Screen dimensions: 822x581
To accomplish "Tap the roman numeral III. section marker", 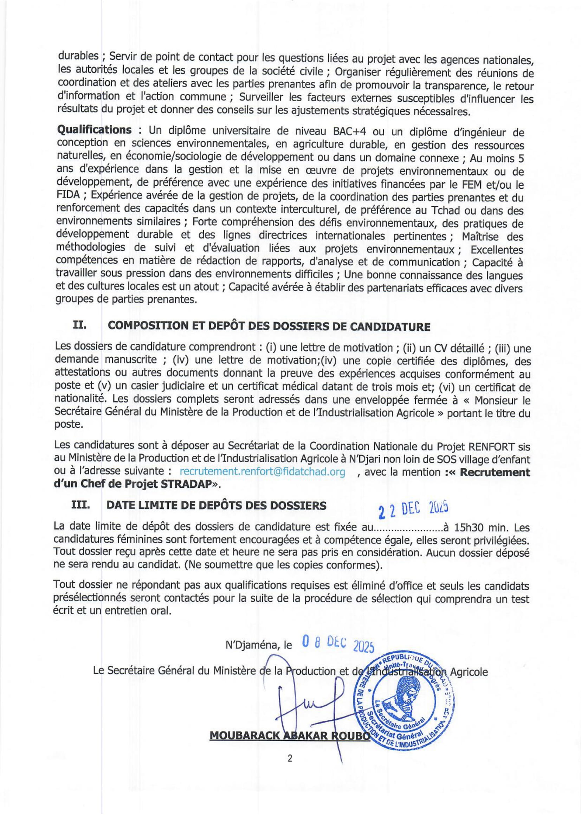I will (81, 505).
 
